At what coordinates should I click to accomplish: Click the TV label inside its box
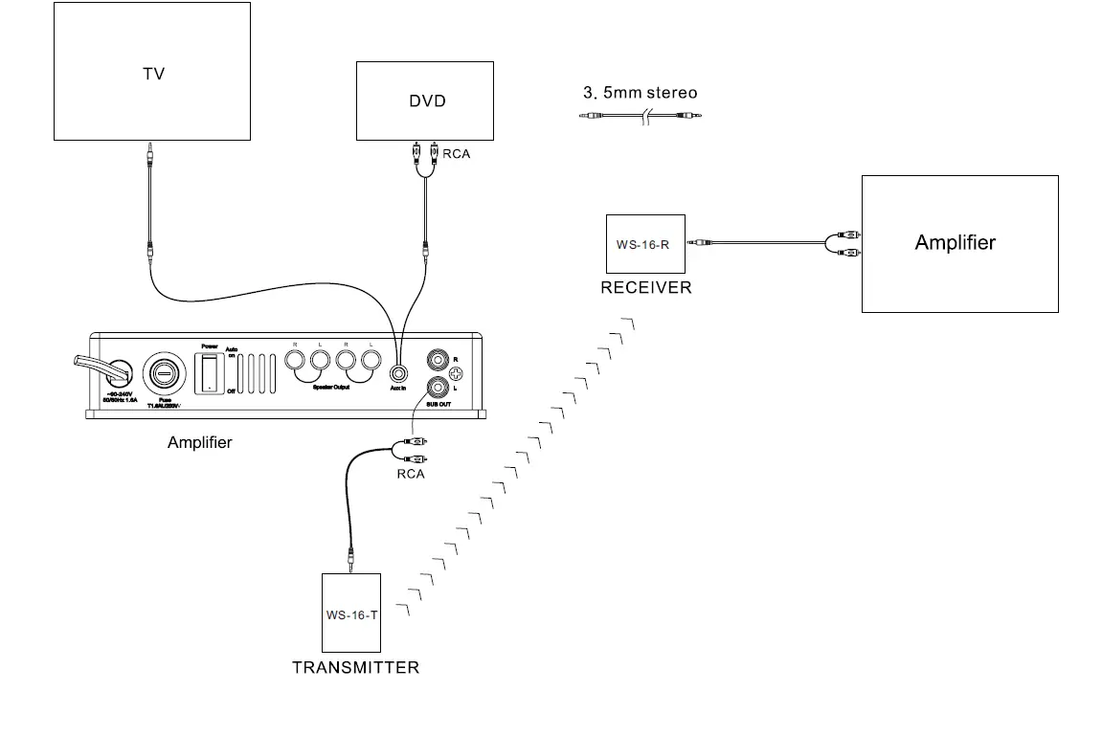153,73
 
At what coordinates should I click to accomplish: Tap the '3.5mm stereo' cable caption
641,93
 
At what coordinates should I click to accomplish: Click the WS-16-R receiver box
645,244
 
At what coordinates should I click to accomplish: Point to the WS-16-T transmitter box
351,613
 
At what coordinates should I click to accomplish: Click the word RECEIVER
645,287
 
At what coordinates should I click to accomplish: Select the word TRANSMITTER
355,667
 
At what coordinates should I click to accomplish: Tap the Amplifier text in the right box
955,242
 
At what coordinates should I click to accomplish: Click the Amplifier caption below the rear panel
199,442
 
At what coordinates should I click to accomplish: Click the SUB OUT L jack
439,388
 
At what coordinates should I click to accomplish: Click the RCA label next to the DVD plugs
457,153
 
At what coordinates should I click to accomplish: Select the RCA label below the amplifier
410,474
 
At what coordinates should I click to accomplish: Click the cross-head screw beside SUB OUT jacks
468,374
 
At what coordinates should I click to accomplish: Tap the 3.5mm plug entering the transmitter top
352,557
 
